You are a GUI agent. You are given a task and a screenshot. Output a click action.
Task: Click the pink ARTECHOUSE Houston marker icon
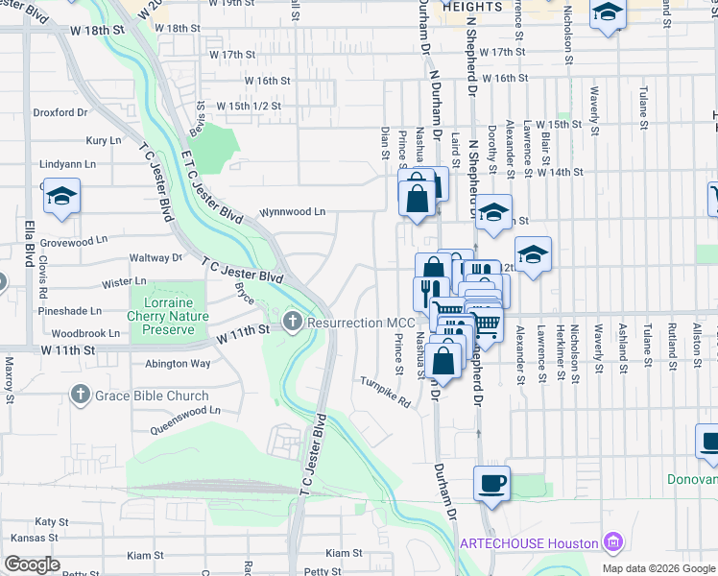(x=612, y=543)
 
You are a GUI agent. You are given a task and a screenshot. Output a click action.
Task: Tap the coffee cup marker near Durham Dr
(x=491, y=483)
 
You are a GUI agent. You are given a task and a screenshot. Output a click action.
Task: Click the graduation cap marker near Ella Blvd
(x=61, y=197)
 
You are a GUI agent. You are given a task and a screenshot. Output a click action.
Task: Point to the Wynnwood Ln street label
(x=292, y=211)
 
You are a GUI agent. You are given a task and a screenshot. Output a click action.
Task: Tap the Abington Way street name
(x=178, y=364)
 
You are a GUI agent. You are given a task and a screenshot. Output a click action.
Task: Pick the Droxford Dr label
(x=60, y=112)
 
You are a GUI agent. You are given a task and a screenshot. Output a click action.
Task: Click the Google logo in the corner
(x=32, y=564)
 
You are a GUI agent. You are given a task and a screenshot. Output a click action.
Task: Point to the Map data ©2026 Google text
(x=658, y=568)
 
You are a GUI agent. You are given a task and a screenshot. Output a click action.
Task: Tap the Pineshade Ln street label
(x=69, y=311)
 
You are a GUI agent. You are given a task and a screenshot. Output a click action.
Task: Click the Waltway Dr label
(x=156, y=258)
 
